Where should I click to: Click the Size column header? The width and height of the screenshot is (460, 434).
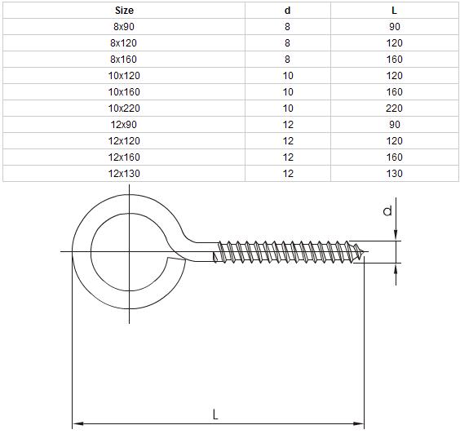[124, 11]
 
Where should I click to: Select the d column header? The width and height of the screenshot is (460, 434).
[287, 11]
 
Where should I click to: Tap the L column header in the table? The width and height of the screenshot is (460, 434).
[394, 11]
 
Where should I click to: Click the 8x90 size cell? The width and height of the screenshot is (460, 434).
[124, 27]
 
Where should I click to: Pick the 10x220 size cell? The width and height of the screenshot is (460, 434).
[124, 108]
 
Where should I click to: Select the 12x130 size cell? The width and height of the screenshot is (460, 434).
[124, 174]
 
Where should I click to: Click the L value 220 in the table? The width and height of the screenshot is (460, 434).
[394, 108]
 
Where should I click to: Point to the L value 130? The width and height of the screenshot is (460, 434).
[394, 174]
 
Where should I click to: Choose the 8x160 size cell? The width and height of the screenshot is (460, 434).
[123, 60]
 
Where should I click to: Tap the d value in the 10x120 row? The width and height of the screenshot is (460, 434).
[288, 76]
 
